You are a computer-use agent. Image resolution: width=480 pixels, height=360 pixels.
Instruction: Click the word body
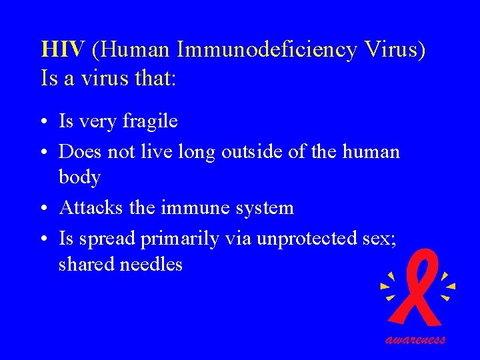79,177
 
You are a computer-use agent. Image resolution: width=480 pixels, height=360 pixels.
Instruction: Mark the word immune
192,207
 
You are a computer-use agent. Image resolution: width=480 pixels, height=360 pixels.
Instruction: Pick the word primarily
180,239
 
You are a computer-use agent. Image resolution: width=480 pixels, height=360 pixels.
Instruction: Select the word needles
151,264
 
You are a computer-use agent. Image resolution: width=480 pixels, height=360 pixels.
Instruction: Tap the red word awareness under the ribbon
415,339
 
